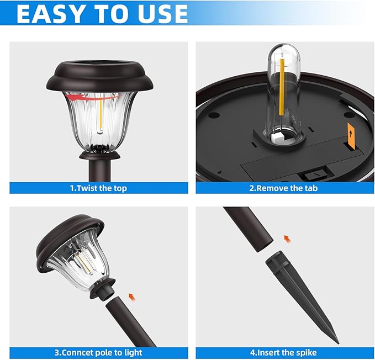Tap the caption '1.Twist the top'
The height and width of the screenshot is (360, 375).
(98, 188)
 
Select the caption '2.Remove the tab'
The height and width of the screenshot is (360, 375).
(283, 188)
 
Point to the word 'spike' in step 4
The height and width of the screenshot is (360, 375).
(305, 353)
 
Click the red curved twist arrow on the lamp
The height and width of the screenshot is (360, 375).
(94, 97)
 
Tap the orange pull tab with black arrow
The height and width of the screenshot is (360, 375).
(351, 136)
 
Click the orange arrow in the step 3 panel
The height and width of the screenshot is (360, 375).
(132, 297)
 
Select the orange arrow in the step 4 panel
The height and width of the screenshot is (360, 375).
(288, 239)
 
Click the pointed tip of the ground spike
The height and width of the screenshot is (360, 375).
(338, 343)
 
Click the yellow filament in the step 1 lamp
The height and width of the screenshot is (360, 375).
(101, 115)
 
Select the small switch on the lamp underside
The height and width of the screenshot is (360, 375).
(316, 175)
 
